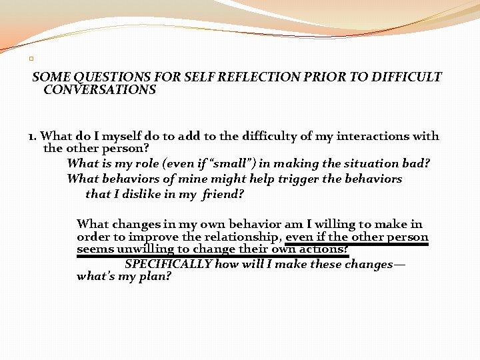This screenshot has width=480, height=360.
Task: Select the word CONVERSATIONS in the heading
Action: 99,89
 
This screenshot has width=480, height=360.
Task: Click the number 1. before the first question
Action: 33,136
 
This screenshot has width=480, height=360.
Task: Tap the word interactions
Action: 373,136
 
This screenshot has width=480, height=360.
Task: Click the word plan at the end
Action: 157,276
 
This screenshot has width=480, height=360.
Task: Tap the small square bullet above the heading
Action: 31,59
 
